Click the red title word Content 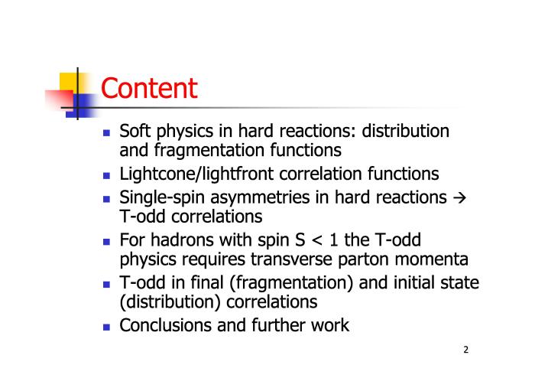pos(149,88)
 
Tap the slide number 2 pos(465,350)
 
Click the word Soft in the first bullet pos(135,131)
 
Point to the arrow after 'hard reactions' pos(459,198)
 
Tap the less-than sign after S pos(317,241)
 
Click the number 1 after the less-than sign pos(334,240)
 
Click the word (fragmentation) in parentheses pos(291,283)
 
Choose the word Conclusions pos(166,325)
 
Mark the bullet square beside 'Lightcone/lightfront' pos(106,175)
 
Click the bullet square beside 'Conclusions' pos(106,327)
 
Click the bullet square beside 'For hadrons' pos(106,242)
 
